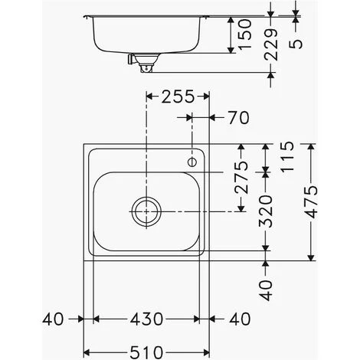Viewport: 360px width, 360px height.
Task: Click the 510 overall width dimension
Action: point(146,352)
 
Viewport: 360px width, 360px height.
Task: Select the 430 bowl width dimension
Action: point(146,319)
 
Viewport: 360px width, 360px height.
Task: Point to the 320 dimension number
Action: point(266,211)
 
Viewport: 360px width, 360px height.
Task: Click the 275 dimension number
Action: point(241,178)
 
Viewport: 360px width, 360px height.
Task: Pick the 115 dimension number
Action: point(287,156)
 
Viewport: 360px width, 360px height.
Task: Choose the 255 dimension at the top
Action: point(178,97)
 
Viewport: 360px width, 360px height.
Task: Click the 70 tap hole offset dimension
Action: point(238,118)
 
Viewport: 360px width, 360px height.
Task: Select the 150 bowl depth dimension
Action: point(244,34)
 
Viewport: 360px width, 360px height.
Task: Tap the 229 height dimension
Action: point(270,44)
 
